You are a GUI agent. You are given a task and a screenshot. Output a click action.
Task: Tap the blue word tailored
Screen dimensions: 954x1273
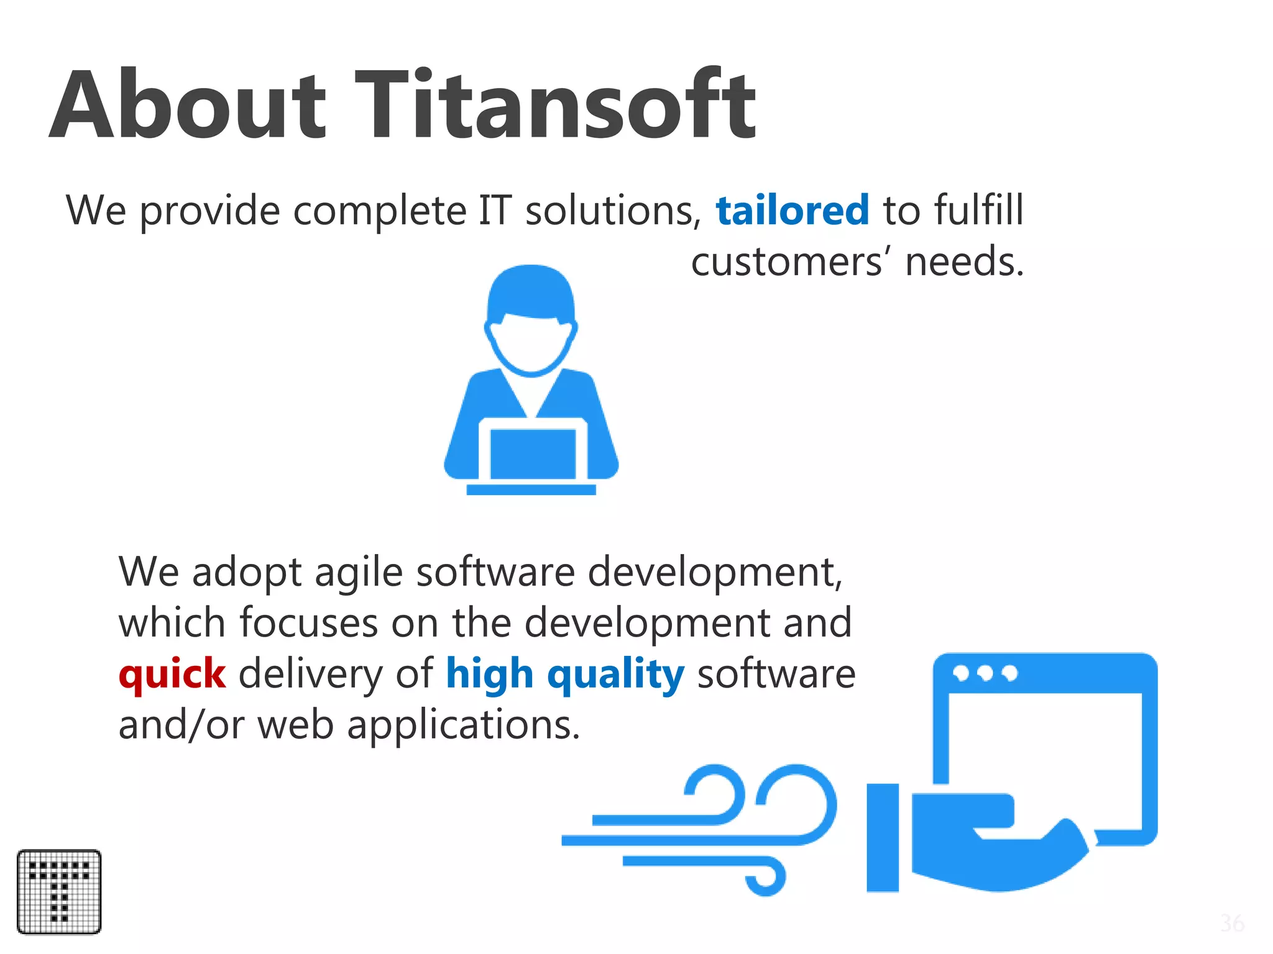[792, 211]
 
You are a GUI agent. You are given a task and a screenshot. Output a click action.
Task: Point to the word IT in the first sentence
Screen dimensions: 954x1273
[495, 211]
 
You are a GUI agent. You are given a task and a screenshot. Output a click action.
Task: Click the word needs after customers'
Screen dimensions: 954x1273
[964, 261]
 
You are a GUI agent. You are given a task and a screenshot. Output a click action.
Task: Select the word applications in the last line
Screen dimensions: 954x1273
[463, 725]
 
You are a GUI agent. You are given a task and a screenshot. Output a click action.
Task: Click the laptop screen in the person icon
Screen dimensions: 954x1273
[533, 453]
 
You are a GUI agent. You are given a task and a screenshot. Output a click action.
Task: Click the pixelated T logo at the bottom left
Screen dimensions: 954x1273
[59, 891]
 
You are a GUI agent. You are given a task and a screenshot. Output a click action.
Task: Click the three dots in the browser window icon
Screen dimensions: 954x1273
[985, 673]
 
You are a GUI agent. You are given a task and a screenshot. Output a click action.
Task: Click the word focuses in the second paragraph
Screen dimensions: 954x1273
[308, 623]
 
